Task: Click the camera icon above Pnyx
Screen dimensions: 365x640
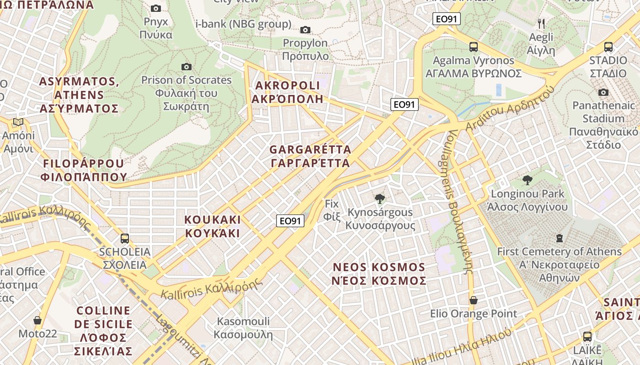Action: pyautogui.click(x=156, y=8)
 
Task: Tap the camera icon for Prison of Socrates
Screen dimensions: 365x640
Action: pyautogui.click(x=186, y=67)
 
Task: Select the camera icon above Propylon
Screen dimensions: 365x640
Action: pyautogui.click(x=305, y=30)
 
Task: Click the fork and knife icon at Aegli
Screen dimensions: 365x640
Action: pyautogui.click(x=541, y=23)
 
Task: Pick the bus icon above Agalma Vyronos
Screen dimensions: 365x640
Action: pyautogui.click(x=474, y=47)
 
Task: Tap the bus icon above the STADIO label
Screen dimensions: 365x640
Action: pyautogui.click(x=608, y=47)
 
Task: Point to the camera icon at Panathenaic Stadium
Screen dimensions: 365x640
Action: pyautogui.click(x=603, y=93)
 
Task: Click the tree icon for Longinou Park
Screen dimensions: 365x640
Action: pyautogui.click(x=527, y=180)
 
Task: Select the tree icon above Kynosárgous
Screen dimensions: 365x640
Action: pyautogui.click(x=379, y=198)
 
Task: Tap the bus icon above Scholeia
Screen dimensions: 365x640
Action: pyautogui.click(x=124, y=238)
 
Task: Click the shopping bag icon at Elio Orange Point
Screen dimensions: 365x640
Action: pyautogui.click(x=474, y=300)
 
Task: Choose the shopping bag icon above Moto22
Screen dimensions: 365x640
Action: pyautogui.click(x=37, y=320)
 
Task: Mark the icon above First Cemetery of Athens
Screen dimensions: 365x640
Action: pyautogui.click(x=559, y=238)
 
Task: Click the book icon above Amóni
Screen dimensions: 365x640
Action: pyautogui.click(x=18, y=122)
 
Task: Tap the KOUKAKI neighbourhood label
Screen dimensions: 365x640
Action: pyautogui.click(x=212, y=226)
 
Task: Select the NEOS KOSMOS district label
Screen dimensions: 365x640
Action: pyautogui.click(x=379, y=274)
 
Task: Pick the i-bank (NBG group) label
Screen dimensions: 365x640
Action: pyautogui.click(x=243, y=24)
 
